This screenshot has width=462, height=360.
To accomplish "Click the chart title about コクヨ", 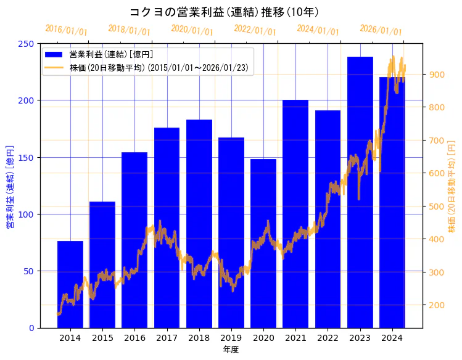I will [x=225, y=12].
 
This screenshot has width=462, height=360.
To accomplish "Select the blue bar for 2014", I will [x=70, y=284].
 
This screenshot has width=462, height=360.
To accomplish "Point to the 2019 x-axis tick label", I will [x=231, y=338].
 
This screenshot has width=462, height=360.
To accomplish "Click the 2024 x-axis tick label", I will [x=392, y=338].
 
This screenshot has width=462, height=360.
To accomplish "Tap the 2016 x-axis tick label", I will [x=134, y=338].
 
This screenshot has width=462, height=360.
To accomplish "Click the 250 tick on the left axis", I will [x=27, y=44].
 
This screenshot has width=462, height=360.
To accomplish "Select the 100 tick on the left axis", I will [x=27, y=215].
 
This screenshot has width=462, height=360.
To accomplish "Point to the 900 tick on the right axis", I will [x=437, y=75].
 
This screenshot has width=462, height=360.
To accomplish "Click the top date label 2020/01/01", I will [x=192, y=30].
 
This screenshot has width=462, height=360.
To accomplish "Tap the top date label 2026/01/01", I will [x=381, y=30].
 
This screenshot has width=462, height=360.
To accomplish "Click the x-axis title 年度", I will [x=231, y=350].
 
